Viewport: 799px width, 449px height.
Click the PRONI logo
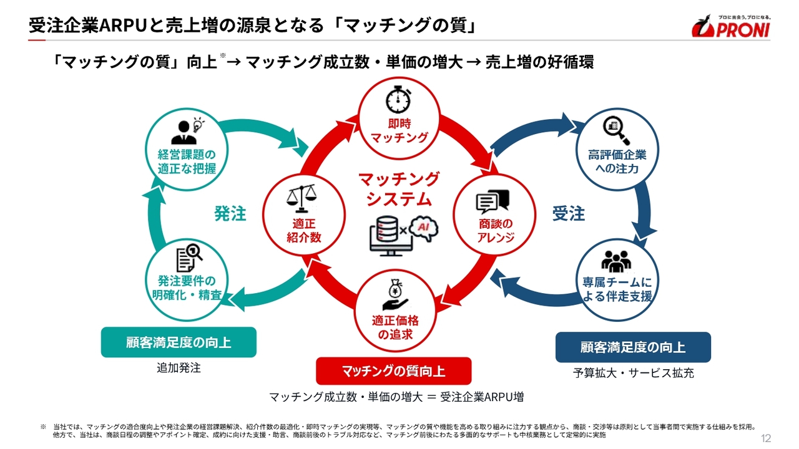[731, 26]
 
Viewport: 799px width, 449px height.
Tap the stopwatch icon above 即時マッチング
[398, 99]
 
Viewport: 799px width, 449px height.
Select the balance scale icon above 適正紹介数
[301, 198]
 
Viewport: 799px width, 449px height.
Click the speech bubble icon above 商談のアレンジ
[493, 201]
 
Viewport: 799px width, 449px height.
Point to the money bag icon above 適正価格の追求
[395, 294]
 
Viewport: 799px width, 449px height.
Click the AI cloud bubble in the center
[424, 228]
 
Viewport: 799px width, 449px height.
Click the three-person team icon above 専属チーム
[616, 261]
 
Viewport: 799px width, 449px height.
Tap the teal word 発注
[230, 214]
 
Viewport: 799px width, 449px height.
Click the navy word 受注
[569, 214]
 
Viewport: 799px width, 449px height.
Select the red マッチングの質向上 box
[393, 371]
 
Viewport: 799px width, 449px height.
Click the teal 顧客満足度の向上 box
[179, 342]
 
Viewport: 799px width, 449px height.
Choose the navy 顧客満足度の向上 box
[633, 347]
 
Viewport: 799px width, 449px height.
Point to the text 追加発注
[179, 368]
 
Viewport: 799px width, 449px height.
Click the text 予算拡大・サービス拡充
[633, 373]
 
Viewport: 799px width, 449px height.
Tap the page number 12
[766, 438]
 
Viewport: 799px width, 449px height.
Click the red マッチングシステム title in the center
[398, 189]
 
